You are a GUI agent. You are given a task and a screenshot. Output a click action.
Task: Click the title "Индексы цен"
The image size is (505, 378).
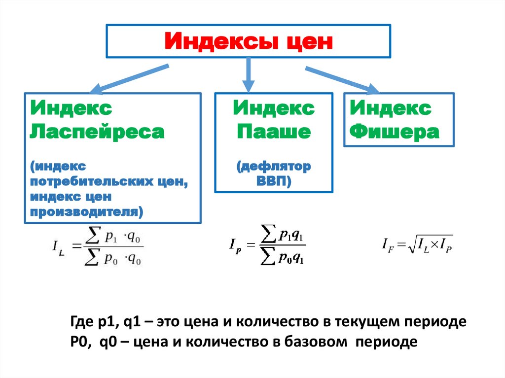(x=249, y=41)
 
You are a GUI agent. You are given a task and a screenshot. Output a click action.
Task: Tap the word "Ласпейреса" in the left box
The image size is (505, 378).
(x=97, y=132)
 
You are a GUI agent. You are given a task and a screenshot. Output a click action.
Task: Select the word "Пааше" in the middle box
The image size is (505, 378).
(x=273, y=132)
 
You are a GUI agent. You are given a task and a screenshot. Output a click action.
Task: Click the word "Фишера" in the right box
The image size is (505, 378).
(x=394, y=132)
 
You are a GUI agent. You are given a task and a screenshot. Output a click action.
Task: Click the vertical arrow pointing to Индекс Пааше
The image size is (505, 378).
(x=248, y=74)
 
